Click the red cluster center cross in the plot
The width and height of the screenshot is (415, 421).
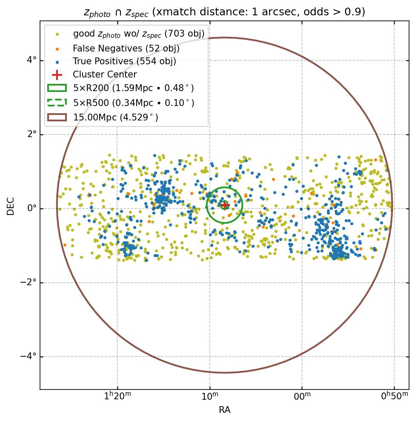pos(224,205)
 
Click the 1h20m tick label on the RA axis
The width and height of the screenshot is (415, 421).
pos(117,397)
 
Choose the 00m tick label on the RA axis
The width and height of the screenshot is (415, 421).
pos(302,397)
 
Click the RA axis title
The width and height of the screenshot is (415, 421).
pos(224,410)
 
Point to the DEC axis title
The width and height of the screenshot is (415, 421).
pos(11,206)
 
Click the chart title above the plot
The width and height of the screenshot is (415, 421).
pos(224,12)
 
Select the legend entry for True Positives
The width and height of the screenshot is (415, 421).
pos(124,62)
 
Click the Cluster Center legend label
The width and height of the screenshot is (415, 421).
pos(105,75)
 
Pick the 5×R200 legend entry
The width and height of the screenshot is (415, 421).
pos(133,89)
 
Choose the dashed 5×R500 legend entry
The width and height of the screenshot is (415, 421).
pos(134,103)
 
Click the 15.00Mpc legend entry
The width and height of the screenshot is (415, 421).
pos(115,117)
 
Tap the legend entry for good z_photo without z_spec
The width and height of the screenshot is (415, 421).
pos(139,34)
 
